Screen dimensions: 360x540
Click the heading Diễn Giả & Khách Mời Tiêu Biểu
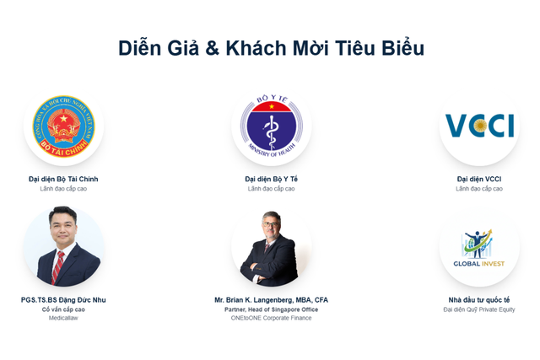[x=271, y=48]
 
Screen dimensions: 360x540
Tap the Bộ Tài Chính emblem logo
[x=63, y=126]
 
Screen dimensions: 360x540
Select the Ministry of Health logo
[x=271, y=126]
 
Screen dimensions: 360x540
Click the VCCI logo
[x=479, y=126]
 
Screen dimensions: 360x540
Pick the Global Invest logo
[x=479, y=248]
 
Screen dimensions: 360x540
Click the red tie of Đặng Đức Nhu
[x=58, y=267]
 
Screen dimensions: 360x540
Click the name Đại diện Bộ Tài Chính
[x=63, y=179]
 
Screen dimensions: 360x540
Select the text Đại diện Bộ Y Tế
[x=271, y=179]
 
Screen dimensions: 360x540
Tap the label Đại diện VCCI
[x=479, y=179]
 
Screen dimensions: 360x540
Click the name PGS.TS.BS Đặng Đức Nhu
[x=63, y=299]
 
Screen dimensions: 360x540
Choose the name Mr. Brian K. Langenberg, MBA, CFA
[x=271, y=299]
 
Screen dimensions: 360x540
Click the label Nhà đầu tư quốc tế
[x=479, y=299]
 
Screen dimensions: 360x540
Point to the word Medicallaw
[x=63, y=318]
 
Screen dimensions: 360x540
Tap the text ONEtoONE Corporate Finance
[x=271, y=318]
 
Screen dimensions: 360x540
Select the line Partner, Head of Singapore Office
[x=271, y=309]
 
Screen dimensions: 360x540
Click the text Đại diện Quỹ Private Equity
[x=479, y=309]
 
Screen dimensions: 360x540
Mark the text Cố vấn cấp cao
[x=63, y=309]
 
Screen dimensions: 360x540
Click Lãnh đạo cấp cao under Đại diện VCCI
[x=479, y=189]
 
